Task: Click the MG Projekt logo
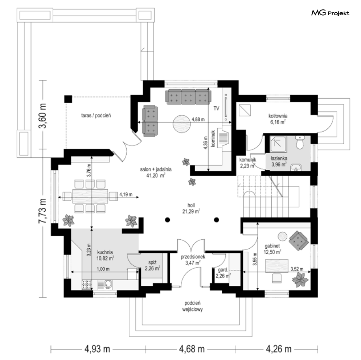[330, 13]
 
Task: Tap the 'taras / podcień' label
[96, 116]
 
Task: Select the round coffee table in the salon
[182, 124]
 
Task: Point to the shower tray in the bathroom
[278, 144]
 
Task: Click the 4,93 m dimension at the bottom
[97, 349]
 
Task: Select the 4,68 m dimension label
[192, 349]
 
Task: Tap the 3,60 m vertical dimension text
[43, 116]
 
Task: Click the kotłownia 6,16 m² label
[278, 119]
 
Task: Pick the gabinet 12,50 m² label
[272, 249]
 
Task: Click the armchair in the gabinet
[299, 241]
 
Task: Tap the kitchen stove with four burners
[87, 285]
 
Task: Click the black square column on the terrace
[68, 99]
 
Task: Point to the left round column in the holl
[167, 220]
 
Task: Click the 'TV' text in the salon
[216, 108]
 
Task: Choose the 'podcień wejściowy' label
[192, 306]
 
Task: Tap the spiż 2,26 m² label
[152, 265]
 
